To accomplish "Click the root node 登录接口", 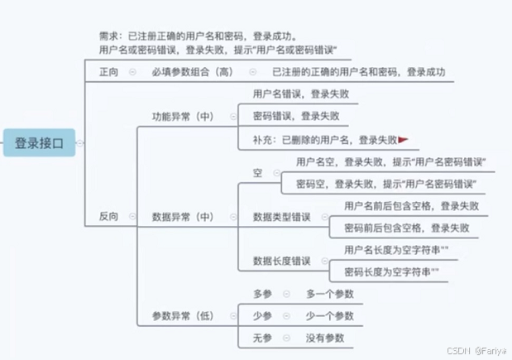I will pos(39,142).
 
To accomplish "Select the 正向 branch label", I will pos(108,73).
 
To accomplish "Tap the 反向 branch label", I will pos(108,217).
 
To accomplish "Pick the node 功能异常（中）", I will pos(183,117).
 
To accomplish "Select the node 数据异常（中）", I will pos(183,217).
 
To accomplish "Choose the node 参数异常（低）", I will pos(183,316).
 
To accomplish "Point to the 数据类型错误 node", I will pos(281,217).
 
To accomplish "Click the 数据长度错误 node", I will pos(281,262).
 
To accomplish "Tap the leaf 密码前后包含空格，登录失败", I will pos(406,228).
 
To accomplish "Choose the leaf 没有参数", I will pos(324,338).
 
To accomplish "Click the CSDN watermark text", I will pos(475,350).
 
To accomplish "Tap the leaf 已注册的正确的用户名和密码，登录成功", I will pos(358,73).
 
